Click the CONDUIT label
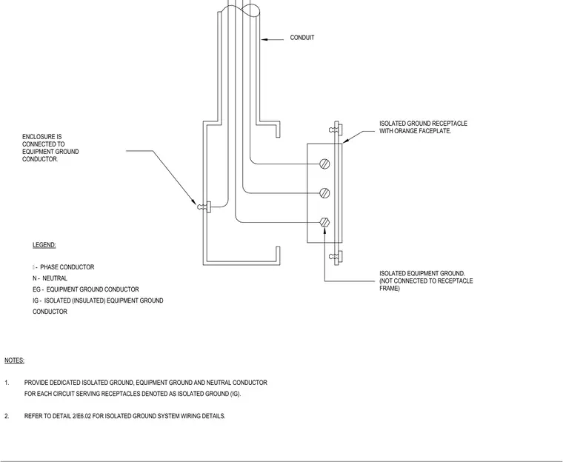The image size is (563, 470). [x=302, y=38]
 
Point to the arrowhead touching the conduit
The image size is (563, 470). [x=264, y=39]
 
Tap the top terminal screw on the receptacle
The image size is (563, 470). [x=324, y=164]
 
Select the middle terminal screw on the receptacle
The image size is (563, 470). [x=324, y=193]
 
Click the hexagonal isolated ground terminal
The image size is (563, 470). [x=324, y=223]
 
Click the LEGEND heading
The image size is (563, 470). [x=44, y=245]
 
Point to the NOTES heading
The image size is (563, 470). [x=14, y=360]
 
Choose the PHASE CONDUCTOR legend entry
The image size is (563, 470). [x=67, y=267]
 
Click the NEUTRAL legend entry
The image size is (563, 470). [x=55, y=278]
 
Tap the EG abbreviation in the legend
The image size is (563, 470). [x=36, y=289]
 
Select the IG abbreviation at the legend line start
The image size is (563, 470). [x=36, y=301]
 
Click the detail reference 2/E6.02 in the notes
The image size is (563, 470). [x=81, y=416]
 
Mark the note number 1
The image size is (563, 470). [x=7, y=383]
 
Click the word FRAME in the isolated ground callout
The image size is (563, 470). [x=389, y=289]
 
